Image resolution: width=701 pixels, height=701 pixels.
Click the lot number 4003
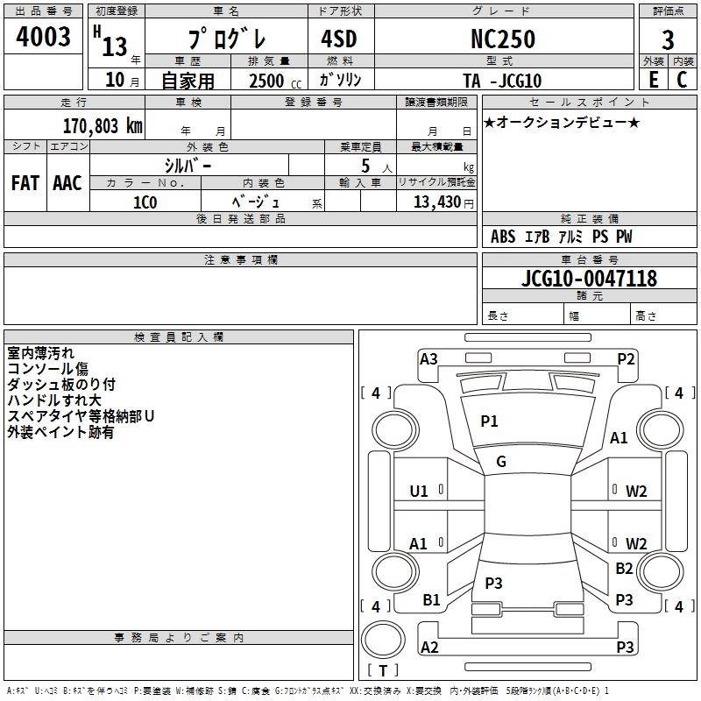click(44, 38)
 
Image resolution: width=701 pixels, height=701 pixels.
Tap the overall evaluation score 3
click(668, 40)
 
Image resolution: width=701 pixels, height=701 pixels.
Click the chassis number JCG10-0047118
click(589, 280)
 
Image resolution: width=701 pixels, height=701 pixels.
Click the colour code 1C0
click(145, 201)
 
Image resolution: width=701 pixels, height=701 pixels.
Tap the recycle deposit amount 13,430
click(436, 202)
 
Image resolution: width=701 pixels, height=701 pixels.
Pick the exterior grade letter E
click(653, 80)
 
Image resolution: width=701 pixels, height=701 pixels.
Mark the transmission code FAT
click(25, 183)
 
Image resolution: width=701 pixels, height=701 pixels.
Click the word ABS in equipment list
click(503, 237)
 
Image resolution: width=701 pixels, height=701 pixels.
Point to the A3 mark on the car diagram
click(428, 358)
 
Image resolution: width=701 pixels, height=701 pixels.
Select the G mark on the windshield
click(501, 461)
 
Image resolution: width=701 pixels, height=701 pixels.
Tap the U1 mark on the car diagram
click(419, 491)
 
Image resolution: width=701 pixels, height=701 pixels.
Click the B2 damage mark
click(624, 569)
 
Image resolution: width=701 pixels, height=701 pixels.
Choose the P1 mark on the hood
click(489, 421)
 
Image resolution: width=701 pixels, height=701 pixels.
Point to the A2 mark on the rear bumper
click(429, 647)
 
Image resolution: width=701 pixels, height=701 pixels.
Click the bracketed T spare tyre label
click(383, 671)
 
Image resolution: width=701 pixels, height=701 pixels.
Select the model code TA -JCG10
click(502, 81)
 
